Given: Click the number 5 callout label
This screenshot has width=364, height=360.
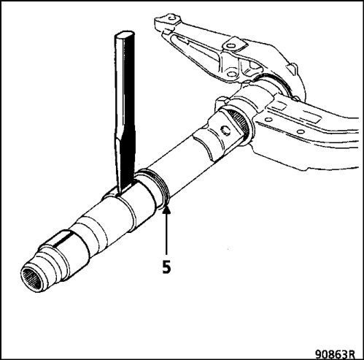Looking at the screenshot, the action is (166, 267).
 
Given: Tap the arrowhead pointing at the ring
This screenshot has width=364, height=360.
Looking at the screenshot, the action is (166, 210).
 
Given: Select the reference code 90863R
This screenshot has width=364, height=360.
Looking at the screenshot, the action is (335, 353).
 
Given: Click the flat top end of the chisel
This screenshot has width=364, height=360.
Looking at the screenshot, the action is (125, 34).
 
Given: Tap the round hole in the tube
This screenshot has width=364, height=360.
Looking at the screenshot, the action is (226, 131).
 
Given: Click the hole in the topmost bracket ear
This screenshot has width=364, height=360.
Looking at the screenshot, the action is (172, 18).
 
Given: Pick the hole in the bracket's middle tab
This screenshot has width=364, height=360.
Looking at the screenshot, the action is (231, 46).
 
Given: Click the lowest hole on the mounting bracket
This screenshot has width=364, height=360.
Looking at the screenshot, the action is (231, 74).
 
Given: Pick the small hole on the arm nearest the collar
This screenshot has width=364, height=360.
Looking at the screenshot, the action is (268, 120).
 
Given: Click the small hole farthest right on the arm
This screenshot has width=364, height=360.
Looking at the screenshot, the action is (301, 131).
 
